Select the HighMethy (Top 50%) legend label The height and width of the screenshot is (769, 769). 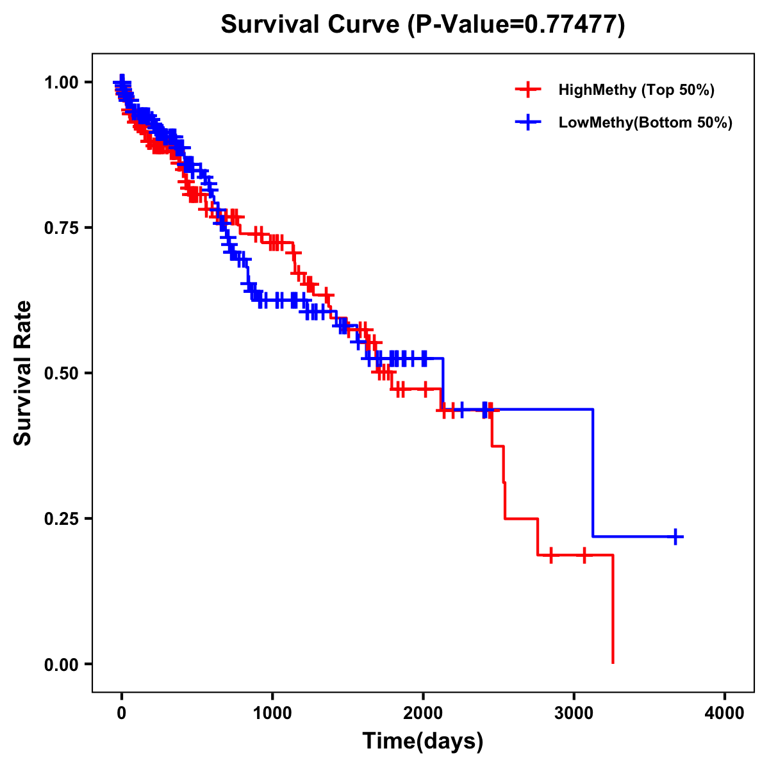pos(636,90)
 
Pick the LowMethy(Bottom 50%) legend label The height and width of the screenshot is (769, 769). pos(645,122)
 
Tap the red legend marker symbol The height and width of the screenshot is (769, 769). pos(527,90)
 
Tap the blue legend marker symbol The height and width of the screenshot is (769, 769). pos(527,122)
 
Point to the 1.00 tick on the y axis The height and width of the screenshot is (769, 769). pos(62,82)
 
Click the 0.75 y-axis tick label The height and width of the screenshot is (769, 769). pos(62,227)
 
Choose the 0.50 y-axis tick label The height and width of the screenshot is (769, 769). pos(62,373)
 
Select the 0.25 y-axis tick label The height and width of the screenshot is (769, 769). pos(62,518)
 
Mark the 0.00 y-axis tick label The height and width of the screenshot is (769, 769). pos(62,664)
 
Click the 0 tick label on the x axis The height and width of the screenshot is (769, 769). pos(122,713)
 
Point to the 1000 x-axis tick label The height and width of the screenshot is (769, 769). pos(272,713)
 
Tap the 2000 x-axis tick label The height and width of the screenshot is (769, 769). pos(423,713)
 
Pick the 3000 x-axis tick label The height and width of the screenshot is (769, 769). pos(574,713)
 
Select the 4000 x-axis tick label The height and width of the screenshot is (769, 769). pos(725,713)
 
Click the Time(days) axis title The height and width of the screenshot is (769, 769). pos(423,741)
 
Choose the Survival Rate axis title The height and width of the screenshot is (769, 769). pos(24,372)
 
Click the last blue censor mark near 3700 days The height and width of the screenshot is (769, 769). pos(675,536)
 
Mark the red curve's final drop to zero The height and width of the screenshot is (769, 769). pos(613,609)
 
